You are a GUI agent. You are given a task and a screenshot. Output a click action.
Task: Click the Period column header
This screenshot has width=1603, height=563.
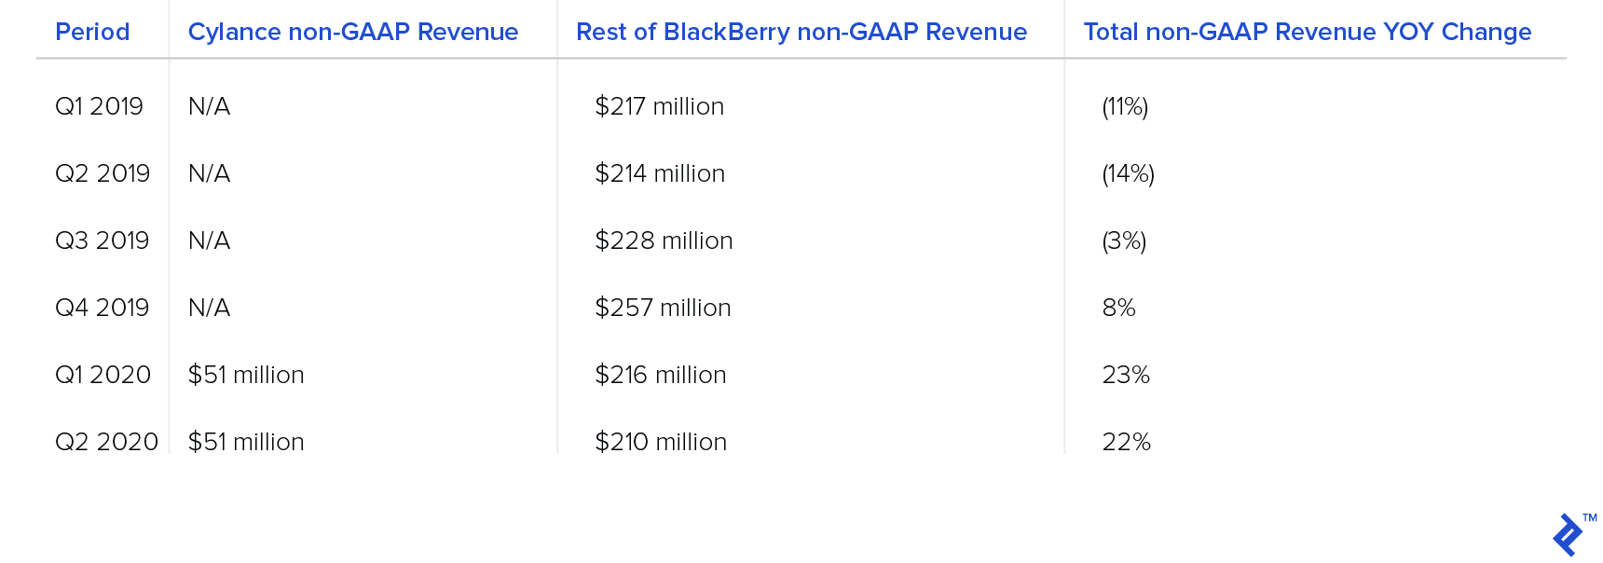(x=92, y=32)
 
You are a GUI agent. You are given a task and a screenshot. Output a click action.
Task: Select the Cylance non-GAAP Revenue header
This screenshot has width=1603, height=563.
(x=353, y=32)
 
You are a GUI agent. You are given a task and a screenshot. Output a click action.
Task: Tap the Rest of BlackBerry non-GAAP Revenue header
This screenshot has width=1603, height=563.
(x=801, y=32)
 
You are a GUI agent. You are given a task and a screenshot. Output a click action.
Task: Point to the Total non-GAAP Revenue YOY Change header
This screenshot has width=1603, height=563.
(x=1308, y=32)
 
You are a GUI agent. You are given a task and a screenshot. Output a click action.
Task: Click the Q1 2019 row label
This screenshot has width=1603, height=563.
(x=100, y=106)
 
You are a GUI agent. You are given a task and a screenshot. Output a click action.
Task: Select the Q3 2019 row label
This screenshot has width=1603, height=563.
(x=103, y=240)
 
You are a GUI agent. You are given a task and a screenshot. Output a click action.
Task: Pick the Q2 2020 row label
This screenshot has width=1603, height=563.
(x=107, y=442)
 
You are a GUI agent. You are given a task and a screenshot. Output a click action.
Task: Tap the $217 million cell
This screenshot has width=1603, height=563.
(x=660, y=106)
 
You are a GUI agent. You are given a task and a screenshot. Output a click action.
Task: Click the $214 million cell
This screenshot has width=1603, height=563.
(x=660, y=173)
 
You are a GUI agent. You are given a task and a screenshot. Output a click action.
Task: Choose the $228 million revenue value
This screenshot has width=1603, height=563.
(x=664, y=240)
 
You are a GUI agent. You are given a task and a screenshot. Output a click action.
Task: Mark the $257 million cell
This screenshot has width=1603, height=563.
(x=664, y=308)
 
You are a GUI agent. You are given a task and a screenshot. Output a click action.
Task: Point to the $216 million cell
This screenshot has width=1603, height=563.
(x=661, y=375)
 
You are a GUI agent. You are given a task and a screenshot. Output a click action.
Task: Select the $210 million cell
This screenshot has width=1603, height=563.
(x=662, y=442)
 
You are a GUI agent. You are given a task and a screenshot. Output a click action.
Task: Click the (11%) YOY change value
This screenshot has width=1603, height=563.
(x=1125, y=106)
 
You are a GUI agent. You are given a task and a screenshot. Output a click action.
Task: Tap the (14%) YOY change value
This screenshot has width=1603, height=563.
(x=1129, y=173)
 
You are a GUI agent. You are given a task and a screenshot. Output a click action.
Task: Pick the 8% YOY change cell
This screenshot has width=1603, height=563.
(x=1119, y=308)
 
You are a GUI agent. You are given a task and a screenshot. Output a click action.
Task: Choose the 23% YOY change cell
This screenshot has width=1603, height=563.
(x=1126, y=375)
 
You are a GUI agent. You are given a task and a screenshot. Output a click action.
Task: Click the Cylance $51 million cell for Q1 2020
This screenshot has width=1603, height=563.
(x=246, y=375)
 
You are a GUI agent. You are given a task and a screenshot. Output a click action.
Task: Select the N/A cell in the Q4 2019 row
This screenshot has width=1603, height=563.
(x=210, y=308)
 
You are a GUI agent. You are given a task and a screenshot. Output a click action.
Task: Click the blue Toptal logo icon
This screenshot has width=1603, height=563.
(x=1569, y=535)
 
